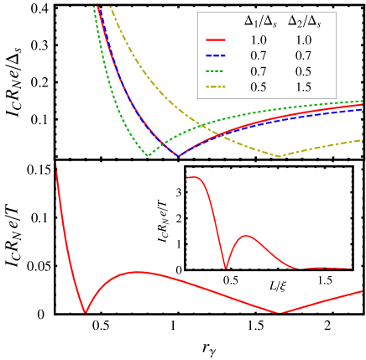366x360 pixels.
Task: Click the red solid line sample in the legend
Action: [x=216, y=39]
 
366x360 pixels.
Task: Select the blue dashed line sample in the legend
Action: [x=216, y=55]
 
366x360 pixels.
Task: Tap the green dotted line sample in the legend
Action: [x=216, y=71]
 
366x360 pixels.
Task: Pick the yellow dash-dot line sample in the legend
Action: [x=216, y=87]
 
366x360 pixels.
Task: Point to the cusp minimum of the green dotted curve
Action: [x=148, y=155]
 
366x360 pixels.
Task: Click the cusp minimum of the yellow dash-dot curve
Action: [x=280, y=156]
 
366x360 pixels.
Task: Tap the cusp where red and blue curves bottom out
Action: [x=178, y=156]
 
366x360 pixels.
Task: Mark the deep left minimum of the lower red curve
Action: [x=85, y=312]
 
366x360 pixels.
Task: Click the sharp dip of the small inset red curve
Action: [x=226, y=268]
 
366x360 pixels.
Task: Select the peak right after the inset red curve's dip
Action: [x=246, y=236]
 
